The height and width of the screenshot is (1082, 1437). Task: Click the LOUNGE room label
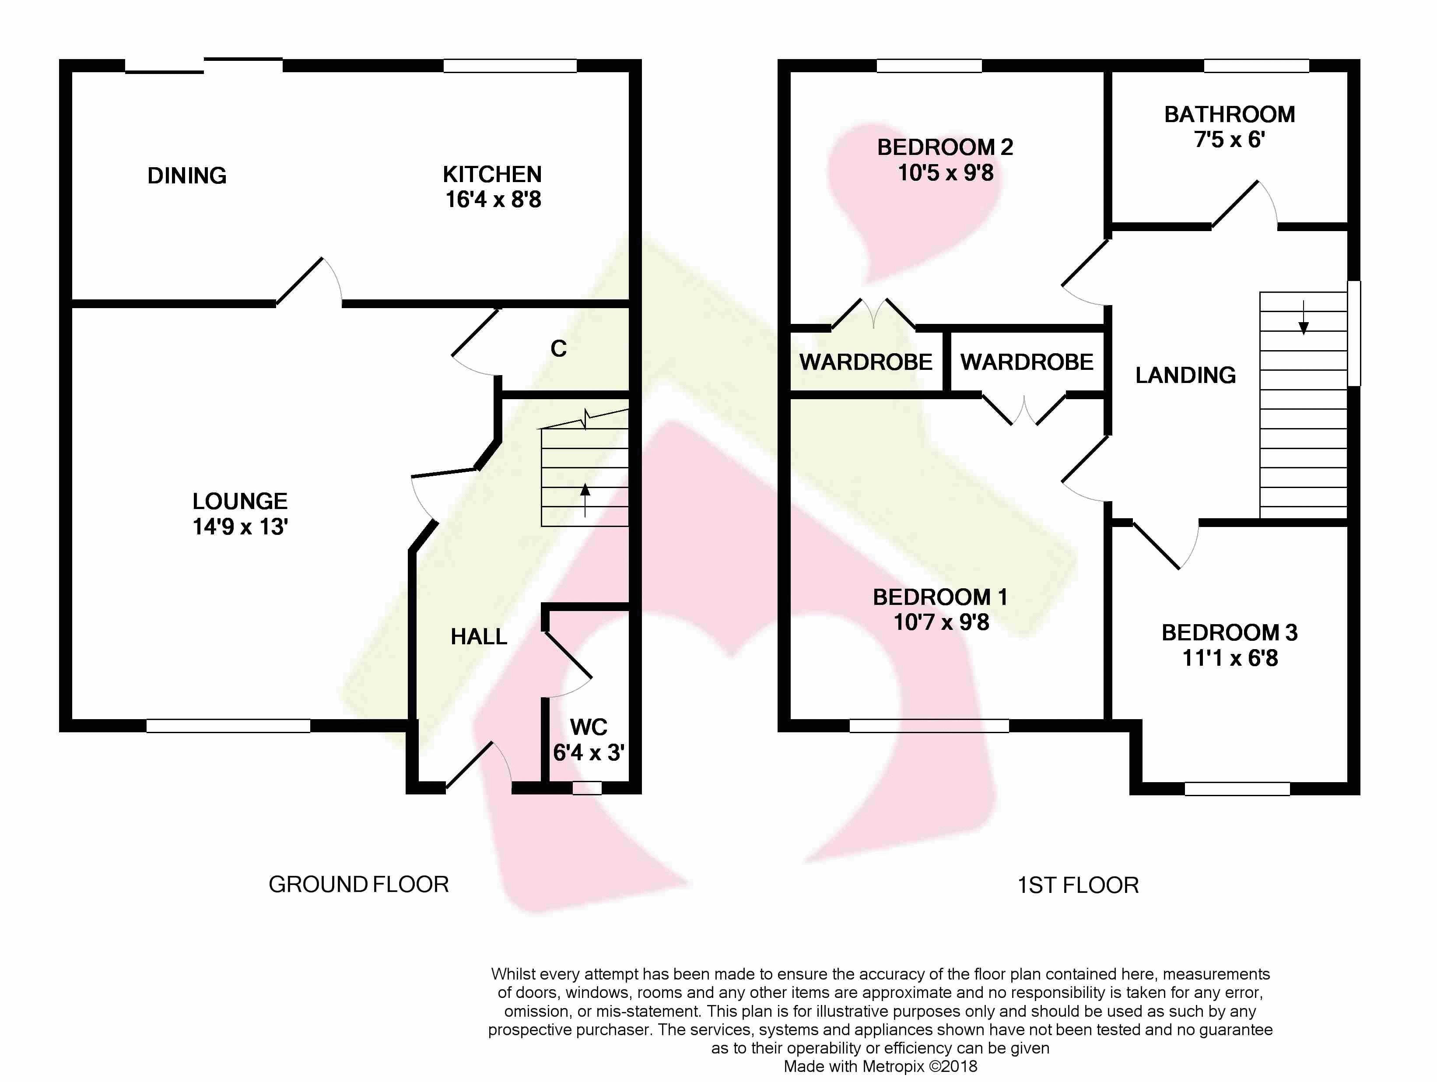[240, 501]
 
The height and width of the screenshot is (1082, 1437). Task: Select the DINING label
[187, 176]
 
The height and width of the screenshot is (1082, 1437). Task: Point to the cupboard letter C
[559, 349]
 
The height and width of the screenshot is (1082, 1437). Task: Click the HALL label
[479, 637]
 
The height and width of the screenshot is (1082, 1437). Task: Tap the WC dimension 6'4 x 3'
[589, 752]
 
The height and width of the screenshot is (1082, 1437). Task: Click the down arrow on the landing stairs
[1303, 317]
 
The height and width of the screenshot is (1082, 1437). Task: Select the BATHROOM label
[1230, 114]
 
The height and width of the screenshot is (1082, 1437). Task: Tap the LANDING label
[1185, 375]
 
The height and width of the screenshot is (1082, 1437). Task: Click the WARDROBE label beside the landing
[1027, 362]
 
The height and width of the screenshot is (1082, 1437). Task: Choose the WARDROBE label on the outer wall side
[866, 362]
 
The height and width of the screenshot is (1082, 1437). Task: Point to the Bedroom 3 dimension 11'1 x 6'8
[1230, 658]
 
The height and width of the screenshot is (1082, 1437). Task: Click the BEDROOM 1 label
[940, 597]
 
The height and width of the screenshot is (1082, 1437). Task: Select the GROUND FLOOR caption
[359, 885]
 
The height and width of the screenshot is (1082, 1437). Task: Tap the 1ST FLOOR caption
[1078, 885]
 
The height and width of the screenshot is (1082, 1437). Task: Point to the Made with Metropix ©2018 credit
[880, 1066]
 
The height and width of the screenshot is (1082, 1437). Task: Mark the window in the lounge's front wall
[228, 726]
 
